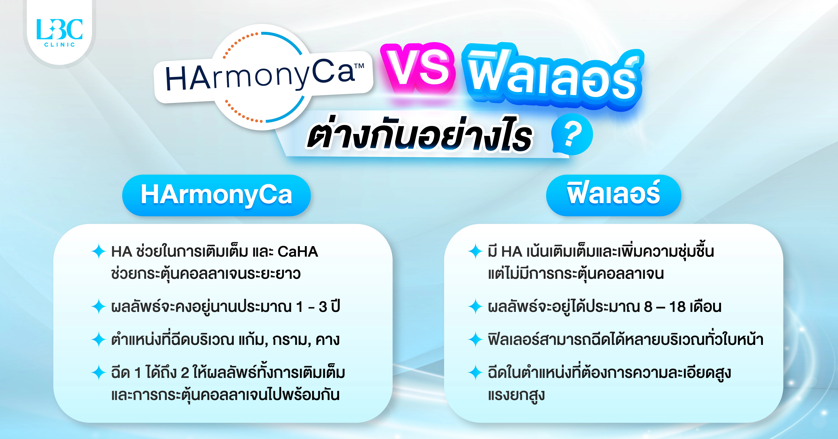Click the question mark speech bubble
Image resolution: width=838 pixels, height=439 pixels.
(x=572, y=134)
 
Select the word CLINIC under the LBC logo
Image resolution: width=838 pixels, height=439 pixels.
(x=59, y=45)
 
